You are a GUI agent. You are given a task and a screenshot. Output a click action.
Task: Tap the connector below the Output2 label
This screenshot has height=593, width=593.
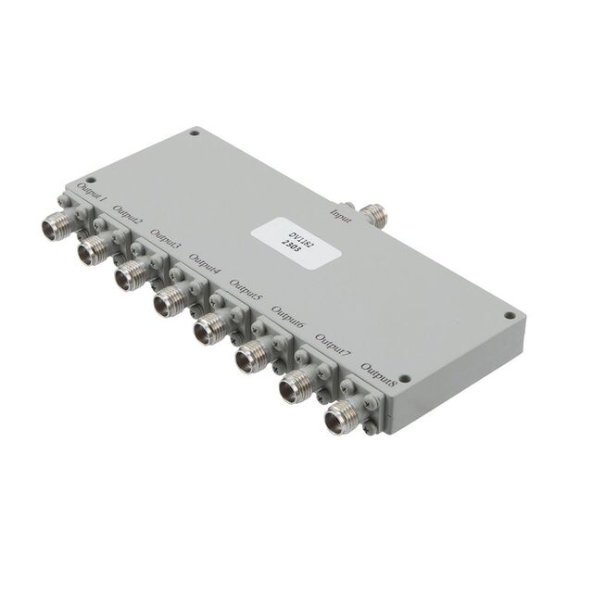[93, 249]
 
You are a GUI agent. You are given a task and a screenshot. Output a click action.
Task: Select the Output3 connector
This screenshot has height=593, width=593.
[132, 274]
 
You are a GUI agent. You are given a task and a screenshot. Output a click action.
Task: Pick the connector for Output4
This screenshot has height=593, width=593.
[170, 300]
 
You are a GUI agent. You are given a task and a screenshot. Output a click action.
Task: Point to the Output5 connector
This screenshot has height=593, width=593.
[209, 327]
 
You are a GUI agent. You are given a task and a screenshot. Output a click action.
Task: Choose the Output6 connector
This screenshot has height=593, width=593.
[250, 354]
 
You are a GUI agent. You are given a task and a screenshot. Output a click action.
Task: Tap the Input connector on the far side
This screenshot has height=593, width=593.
[374, 214]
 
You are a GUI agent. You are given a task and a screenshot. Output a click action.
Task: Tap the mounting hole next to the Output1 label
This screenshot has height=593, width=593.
[90, 179]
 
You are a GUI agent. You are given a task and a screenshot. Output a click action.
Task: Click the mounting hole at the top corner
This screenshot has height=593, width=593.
[194, 132]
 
